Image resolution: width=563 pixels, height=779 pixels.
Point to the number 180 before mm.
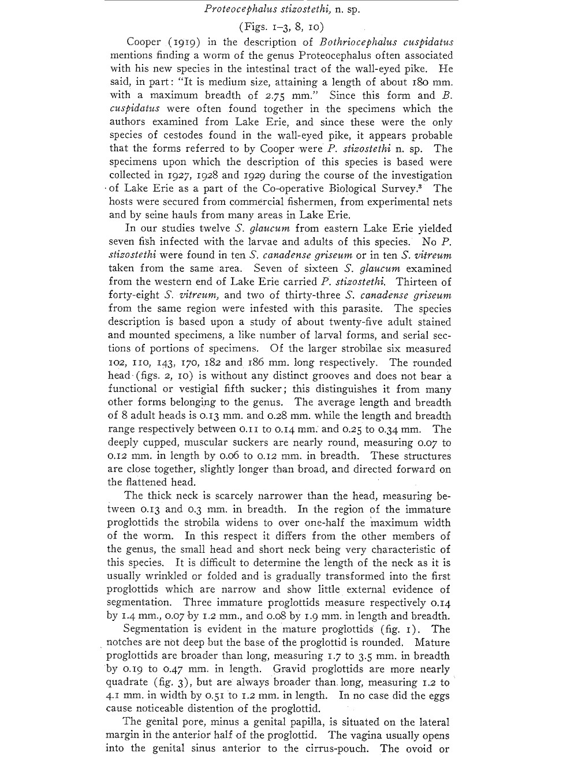424,82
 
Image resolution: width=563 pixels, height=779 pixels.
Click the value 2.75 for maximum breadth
291,95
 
